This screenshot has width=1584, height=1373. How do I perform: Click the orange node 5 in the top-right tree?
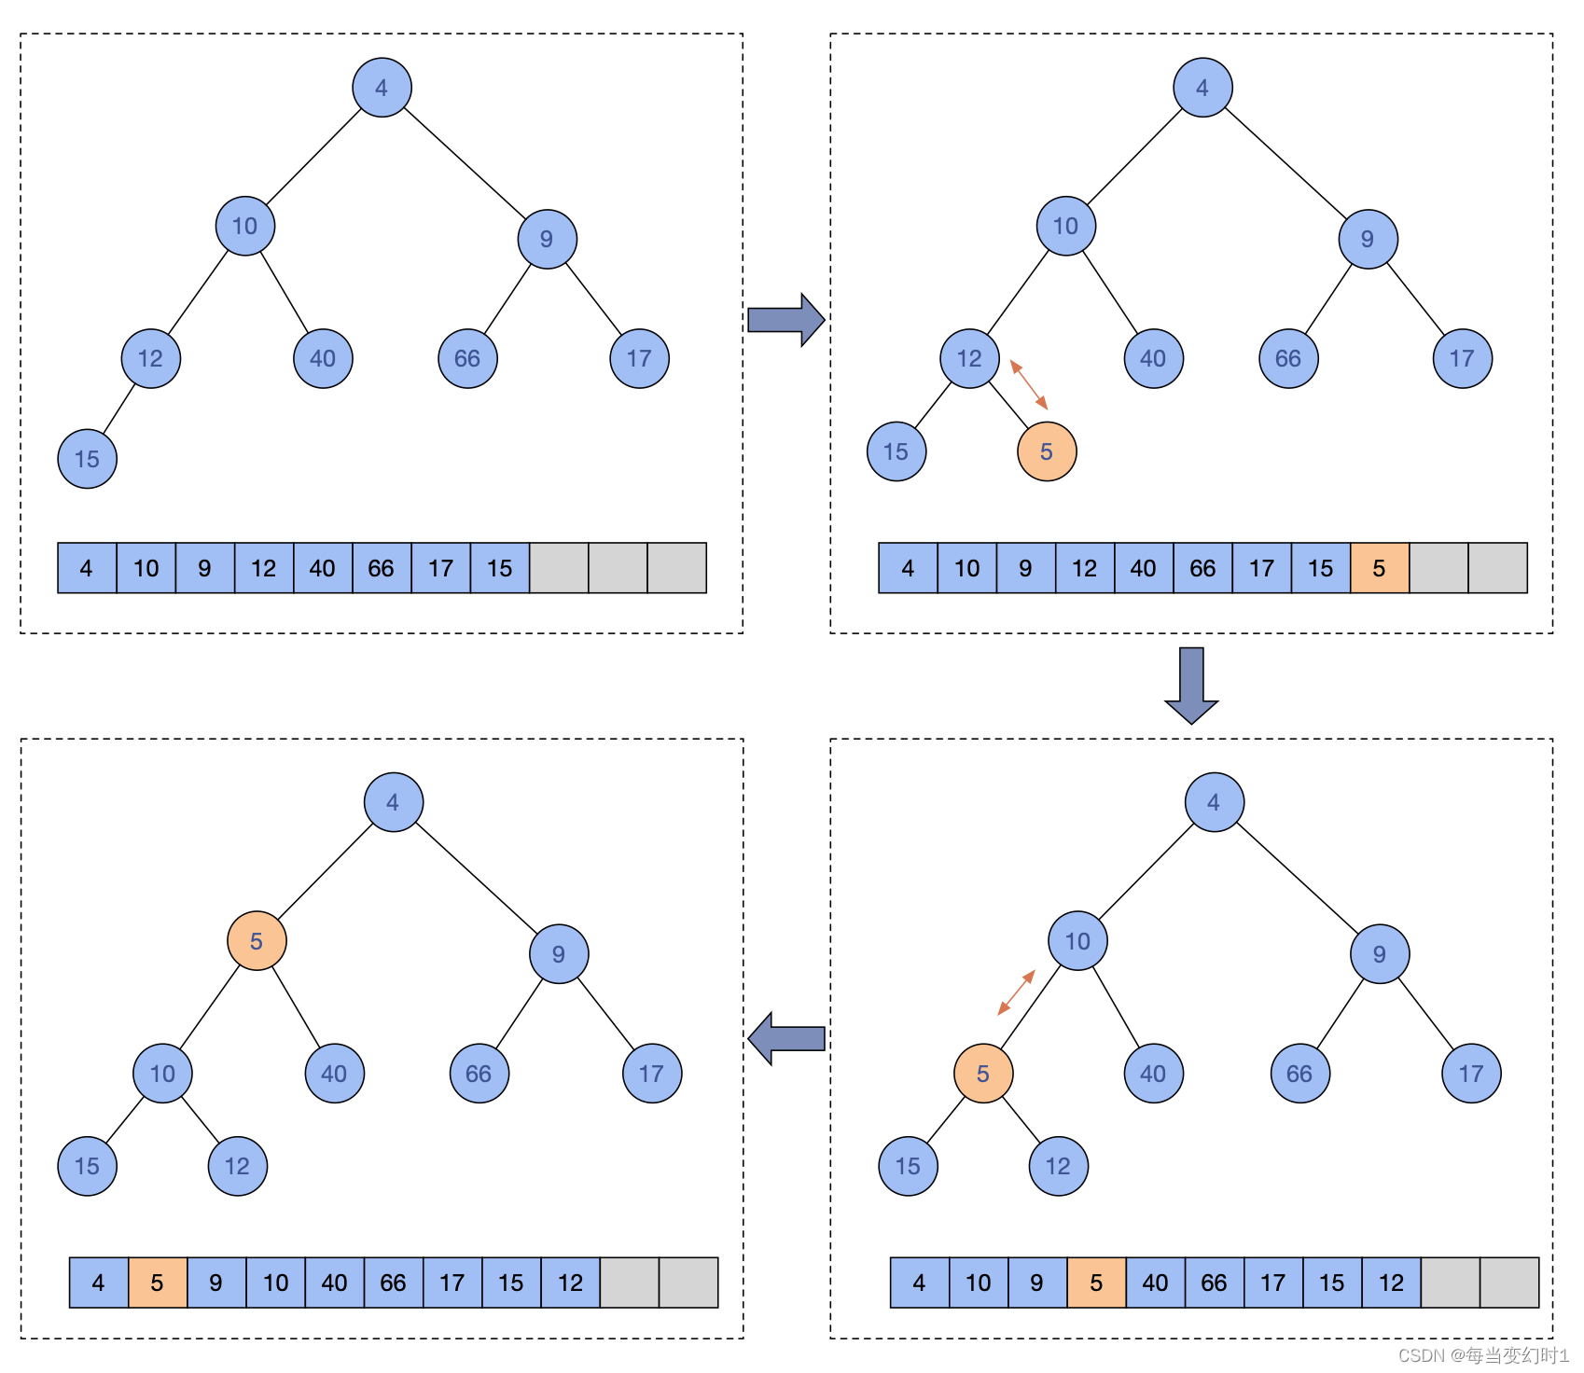coord(1047,451)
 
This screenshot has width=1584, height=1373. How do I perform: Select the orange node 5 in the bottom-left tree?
coord(257,941)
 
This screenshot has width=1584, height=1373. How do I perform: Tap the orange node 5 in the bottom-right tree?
coord(983,1074)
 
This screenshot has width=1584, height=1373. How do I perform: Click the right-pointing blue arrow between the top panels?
coord(785,320)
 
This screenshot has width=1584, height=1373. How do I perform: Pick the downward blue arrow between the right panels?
coord(1191,685)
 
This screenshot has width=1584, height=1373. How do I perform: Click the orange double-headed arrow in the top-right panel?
coord(1029,384)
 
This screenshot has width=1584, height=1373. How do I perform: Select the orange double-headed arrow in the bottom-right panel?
coord(1017,992)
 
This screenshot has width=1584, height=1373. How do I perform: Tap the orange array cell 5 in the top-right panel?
coord(1379,568)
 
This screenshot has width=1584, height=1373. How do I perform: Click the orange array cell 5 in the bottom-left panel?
coord(158,1283)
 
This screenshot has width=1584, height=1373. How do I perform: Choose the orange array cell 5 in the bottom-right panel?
coord(1096,1283)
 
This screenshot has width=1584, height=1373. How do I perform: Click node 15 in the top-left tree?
coord(88,459)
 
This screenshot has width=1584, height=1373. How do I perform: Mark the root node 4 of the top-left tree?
coord(382,88)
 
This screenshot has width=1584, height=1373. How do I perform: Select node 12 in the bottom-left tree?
coord(238,1166)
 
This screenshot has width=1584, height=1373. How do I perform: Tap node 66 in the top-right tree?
coord(1288,358)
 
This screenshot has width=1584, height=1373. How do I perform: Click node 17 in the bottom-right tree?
coord(1471,1074)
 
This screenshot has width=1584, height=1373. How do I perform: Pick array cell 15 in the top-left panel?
coord(500,568)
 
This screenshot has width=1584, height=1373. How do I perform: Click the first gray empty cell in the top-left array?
coord(559,568)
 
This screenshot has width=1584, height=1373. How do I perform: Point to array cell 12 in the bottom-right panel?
coord(1391,1283)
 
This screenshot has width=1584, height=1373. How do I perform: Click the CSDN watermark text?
coord(1483,1355)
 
